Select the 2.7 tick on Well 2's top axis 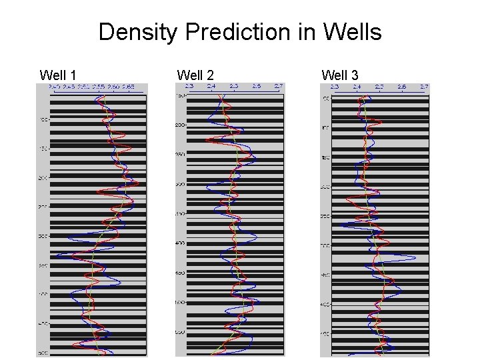[278, 87]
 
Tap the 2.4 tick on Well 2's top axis [211, 87]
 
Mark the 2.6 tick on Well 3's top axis [401, 87]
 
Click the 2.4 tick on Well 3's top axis [357, 87]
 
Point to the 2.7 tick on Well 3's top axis [423, 87]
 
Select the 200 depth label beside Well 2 [180, 125]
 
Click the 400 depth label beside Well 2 [180, 243]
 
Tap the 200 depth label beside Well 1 [43, 178]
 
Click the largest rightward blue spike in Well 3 [415, 258]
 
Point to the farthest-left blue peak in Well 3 [341, 225]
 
